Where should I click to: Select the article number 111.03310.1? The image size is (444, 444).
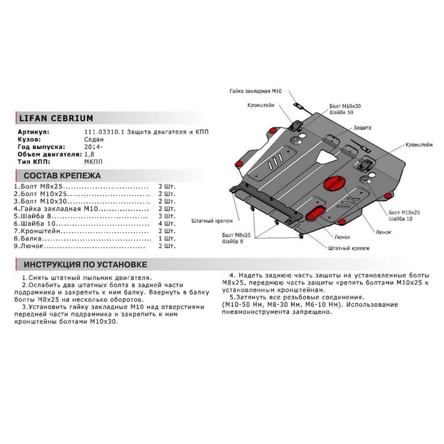[102, 131]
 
